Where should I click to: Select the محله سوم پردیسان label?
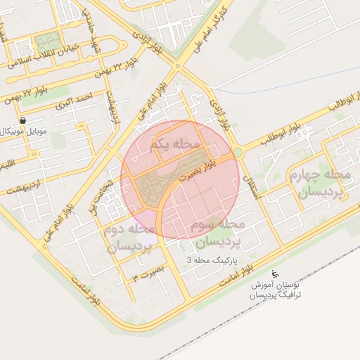click(217, 233)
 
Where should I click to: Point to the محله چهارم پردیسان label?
click(320, 184)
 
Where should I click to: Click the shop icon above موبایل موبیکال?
click(24, 120)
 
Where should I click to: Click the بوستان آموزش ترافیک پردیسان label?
click(276, 290)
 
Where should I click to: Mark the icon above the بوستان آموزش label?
click(274, 273)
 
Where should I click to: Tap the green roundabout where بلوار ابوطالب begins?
click(238, 152)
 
